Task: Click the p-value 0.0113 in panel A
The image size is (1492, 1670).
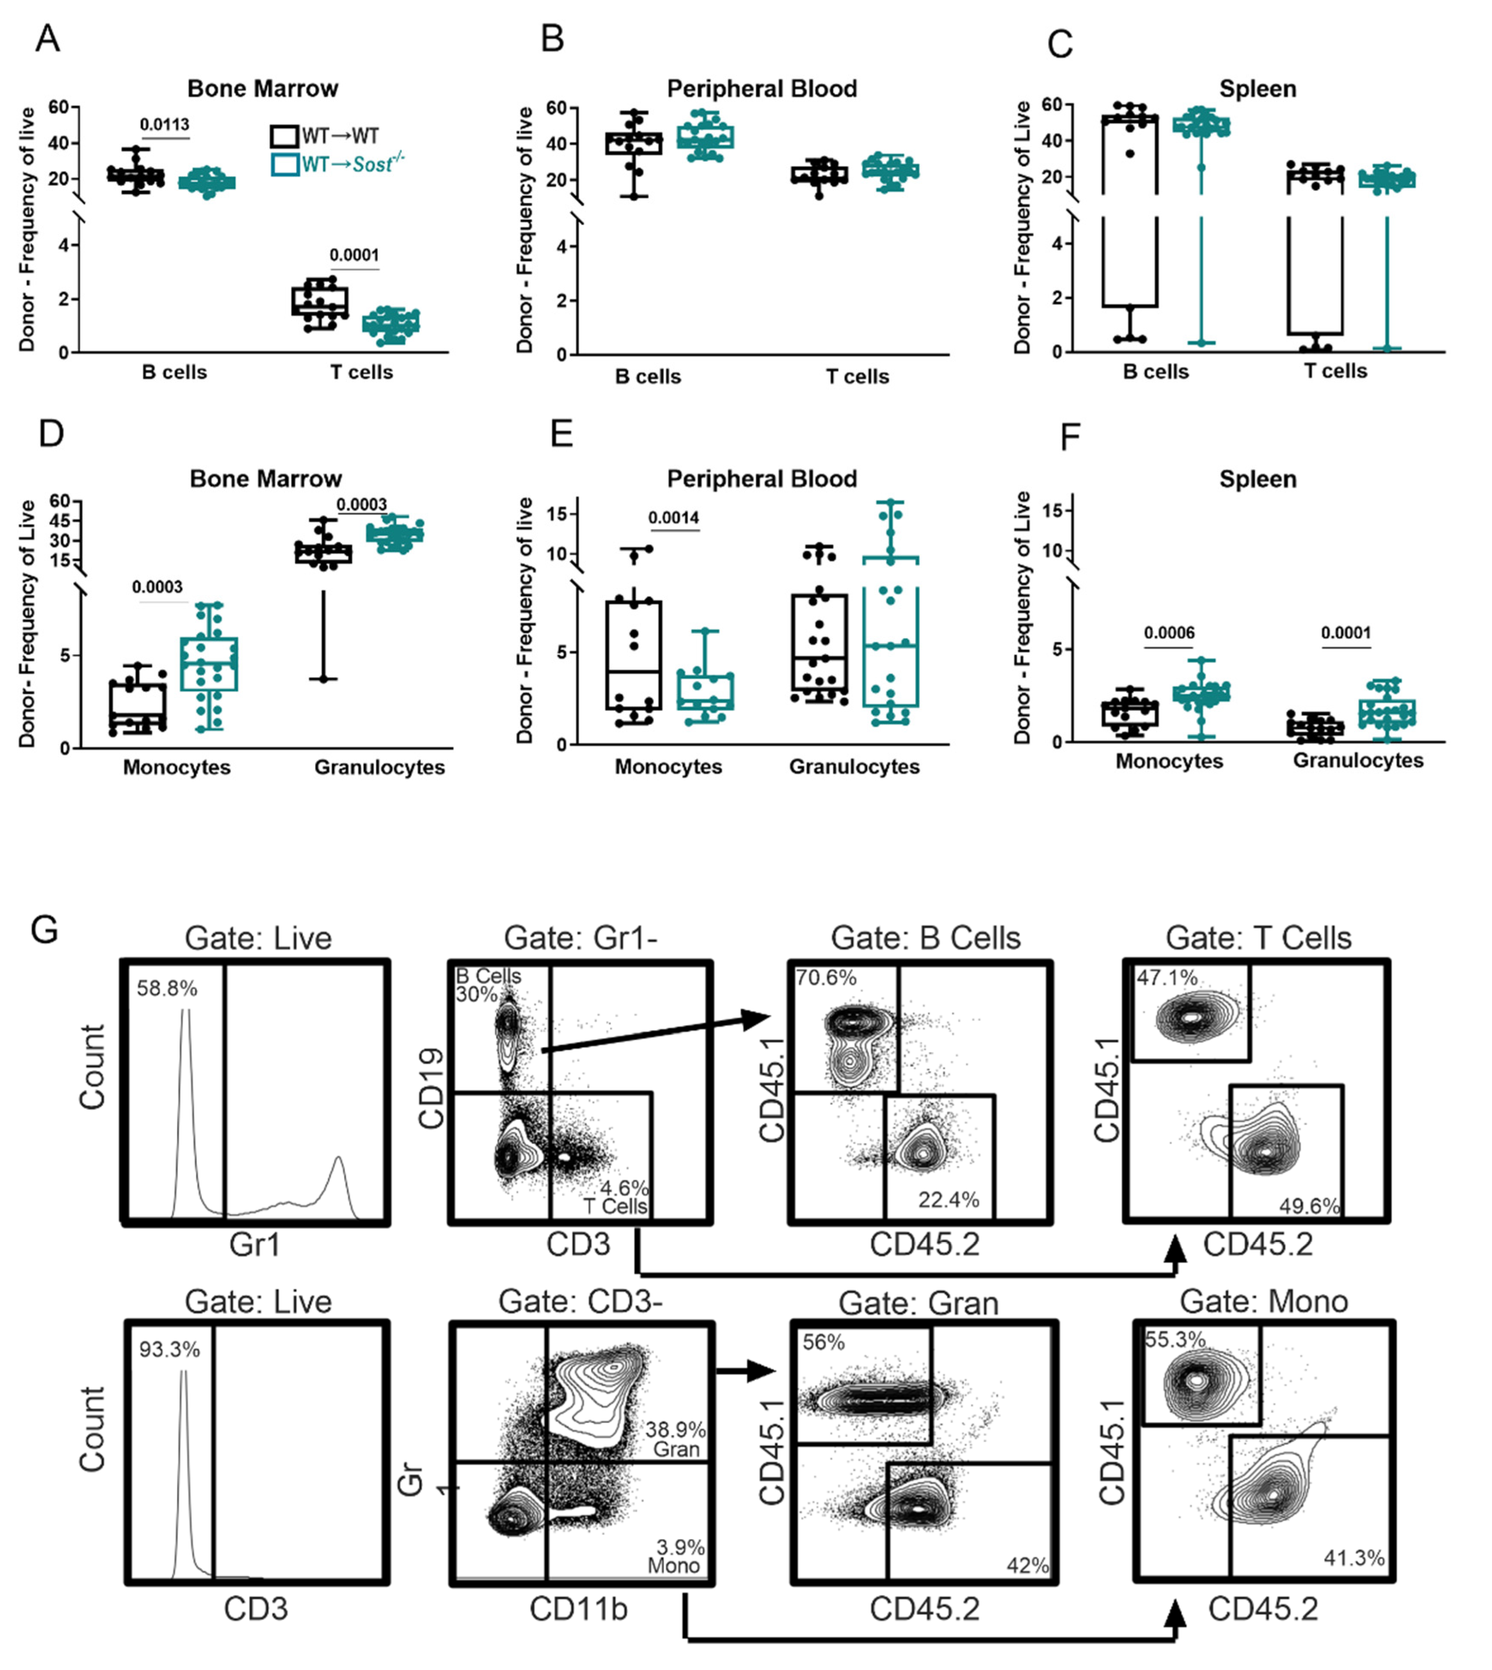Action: (164, 125)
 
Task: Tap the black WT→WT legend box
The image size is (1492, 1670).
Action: (284, 136)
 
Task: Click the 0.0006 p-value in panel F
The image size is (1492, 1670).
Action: (1169, 632)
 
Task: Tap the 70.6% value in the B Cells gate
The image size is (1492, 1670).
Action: (826, 977)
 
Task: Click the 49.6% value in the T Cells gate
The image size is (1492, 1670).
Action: (1309, 1205)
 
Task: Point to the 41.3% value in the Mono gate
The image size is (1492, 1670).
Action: (1354, 1558)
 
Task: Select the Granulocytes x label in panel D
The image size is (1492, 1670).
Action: (380, 767)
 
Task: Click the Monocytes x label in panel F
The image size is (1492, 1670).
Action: (1168, 761)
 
